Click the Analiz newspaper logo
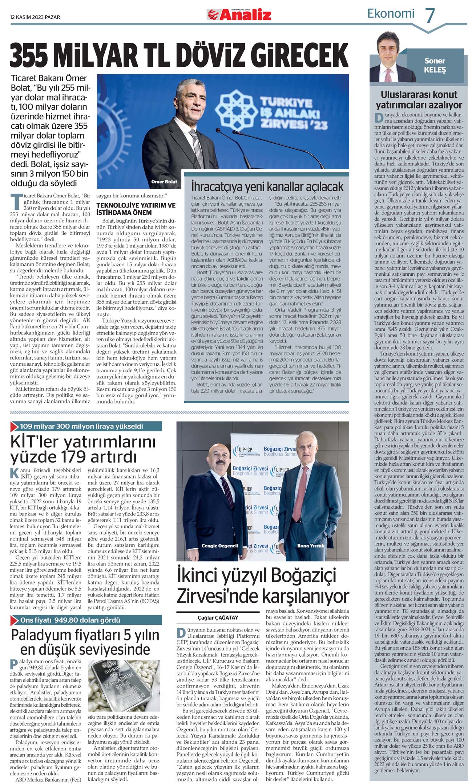(239, 15)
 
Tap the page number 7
(430, 16)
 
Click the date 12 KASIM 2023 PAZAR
(35, 17)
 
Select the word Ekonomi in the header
(391, 14)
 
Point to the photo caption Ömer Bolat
(164, 181)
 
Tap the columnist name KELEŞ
(435, 70)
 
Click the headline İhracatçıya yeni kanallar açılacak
(267, 187)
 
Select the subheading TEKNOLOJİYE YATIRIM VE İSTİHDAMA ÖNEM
(136, 209)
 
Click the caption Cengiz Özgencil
(219, 546)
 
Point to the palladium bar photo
(124, 685)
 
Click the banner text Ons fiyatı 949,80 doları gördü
(70, 620)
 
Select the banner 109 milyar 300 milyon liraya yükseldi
(81, 426)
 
